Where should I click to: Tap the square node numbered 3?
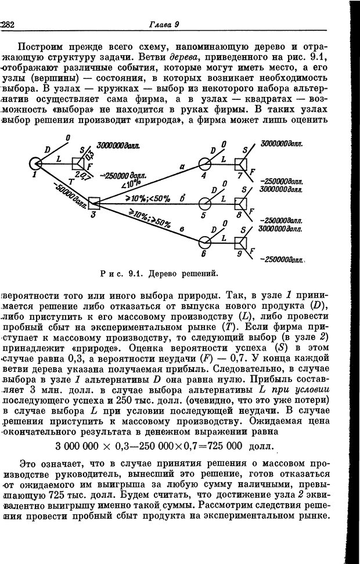pyautogui.click(x=95, y=203)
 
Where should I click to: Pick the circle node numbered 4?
pyautogui.click(x=204, y=164)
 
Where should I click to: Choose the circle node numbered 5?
pyautogui.click(x=204, y=203)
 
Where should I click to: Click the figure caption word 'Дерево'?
pyautogui.click(x=167, y=272)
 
